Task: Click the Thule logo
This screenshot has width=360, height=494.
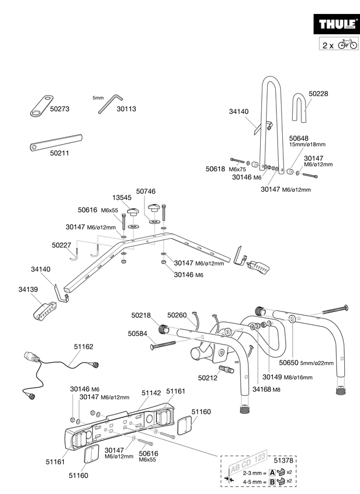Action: [x=336, y=24]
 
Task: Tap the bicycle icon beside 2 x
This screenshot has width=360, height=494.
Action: [x=348, y=44]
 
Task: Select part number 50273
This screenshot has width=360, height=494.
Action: [x=60, y=109]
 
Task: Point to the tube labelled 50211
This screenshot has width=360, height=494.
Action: [x=56, y=143]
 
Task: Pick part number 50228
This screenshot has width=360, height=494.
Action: [x=318, y=94]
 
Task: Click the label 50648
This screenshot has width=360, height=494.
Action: [x=298, y=138]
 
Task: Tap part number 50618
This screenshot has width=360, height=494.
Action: [x=215, y=169]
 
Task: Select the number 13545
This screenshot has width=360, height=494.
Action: [x=122, y=198]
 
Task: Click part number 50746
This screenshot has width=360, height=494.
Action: [x=146, y=191]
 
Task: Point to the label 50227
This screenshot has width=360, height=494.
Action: [x=62, y=245]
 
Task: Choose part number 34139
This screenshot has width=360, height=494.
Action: [x=28, y=289]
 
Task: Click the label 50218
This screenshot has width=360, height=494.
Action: [x=141, y=316]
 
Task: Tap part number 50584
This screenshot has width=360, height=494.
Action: [x=137, y=334]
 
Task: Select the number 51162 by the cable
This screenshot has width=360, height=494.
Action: [x=84, y=346]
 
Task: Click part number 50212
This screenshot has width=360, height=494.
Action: [x=208, y=378]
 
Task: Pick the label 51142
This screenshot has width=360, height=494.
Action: [x=151, y=393]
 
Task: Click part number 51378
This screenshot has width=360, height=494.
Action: [x=283, y=460]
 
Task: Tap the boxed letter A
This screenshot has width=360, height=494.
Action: [x=272, y=472]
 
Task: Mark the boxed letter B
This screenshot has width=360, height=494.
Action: [x=272, y=482]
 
